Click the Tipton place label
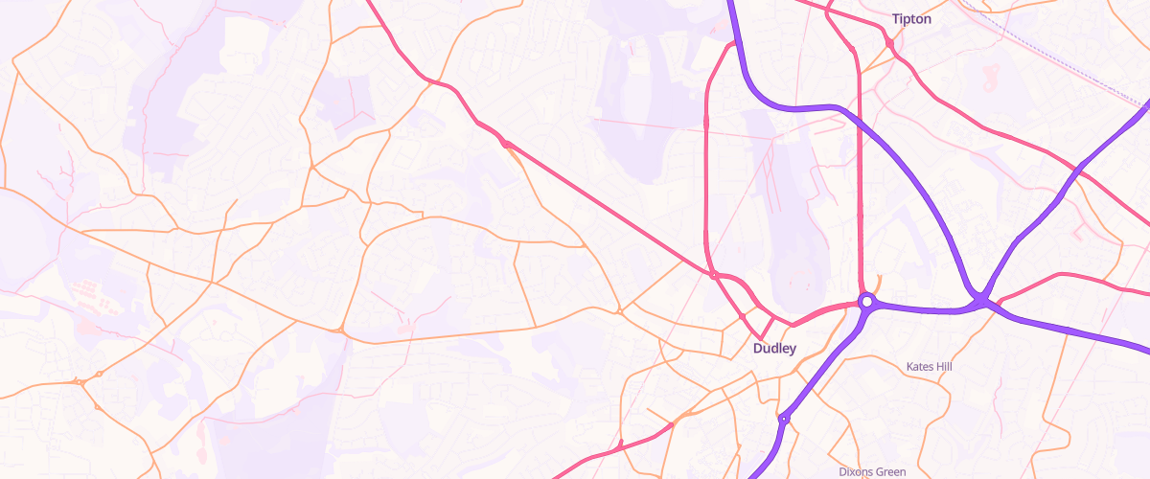(x=911, y=19)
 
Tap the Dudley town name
(x=774, y=349)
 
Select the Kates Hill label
(x=931, y=367)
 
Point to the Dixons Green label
(x=872, y=472)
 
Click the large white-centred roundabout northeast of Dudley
(x=866, y=301)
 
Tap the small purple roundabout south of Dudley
(x=784, y=419)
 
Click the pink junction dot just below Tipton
(x=890, y=44)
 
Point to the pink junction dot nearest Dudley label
(x=743, y=316)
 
